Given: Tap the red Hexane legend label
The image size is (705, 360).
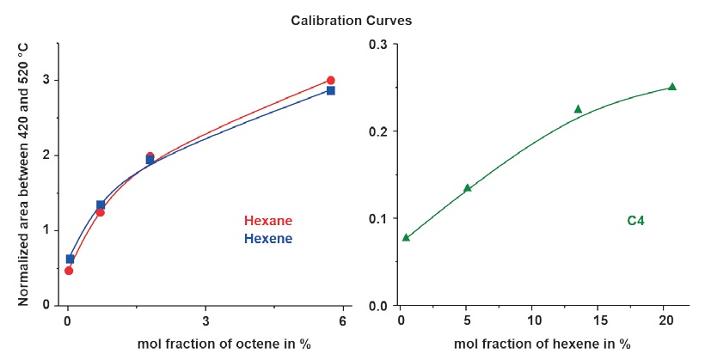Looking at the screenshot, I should coord(268,221).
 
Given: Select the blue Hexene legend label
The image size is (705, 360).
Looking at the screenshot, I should coord(268,238).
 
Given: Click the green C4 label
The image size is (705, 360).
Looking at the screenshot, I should coord(636,221).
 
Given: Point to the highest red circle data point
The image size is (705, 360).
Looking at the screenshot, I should coord(330,81).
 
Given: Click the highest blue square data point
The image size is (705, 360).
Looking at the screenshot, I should coord(330,90).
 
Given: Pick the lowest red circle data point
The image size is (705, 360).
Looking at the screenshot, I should coord(69,271).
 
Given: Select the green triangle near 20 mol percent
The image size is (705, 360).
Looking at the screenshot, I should coord(672,87).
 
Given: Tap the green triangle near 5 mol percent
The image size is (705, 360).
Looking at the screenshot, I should coord(468,188).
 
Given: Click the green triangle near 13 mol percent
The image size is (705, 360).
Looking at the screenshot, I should coord(578,109).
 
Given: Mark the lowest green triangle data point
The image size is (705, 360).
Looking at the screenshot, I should coord(406,237).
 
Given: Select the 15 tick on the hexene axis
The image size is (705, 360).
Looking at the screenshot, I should coord(598,321).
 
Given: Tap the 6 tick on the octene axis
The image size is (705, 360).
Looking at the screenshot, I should coord(343,321).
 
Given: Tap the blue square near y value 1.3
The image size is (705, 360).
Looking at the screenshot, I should coord(101,205).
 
